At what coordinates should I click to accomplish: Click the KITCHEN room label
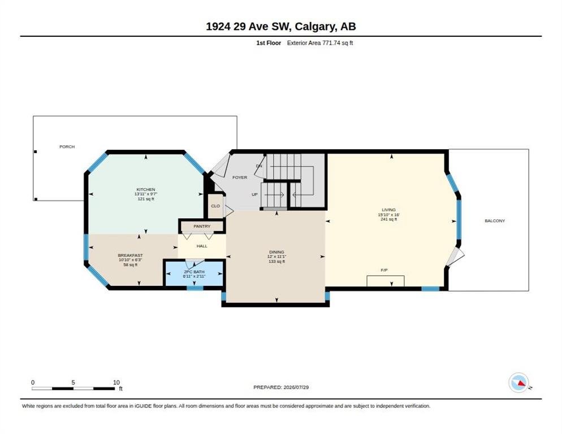point(146,189)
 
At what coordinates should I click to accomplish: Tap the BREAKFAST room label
point(130,255)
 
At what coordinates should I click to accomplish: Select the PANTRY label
point(202,226)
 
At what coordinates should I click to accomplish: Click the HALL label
point(202,246)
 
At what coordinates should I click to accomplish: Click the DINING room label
point(276,252)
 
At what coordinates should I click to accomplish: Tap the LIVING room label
point(388,210)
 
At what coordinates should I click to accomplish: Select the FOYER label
point(239,177)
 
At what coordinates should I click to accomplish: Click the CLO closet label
point(215,206)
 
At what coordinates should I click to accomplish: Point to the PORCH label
point(67,146)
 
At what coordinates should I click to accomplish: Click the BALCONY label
point(495,221)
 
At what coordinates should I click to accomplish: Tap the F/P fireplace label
point(384,270)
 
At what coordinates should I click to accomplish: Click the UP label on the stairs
point(254,194)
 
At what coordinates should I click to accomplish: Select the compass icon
point(519,383)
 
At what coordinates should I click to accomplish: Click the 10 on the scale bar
point(116,383)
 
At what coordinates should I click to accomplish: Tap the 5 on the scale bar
point(73,383)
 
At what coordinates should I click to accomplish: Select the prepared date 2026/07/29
point(296,388)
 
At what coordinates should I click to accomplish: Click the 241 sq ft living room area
point(388,219)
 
